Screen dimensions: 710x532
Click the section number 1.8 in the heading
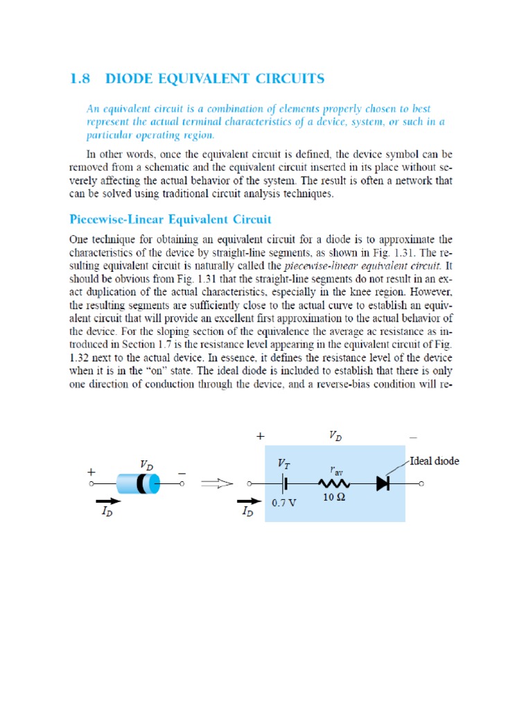82,78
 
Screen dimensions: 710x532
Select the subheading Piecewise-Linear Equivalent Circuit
170,220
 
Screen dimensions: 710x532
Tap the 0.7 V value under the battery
284,503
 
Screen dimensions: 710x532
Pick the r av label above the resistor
336,469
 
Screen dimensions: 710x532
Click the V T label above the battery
284,462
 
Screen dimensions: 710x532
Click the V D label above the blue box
335,437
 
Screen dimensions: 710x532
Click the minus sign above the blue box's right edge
413,438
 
